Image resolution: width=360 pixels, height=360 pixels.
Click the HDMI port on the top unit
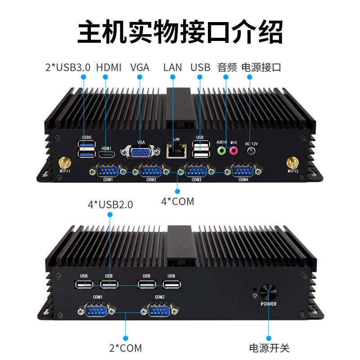(x=107, y=155)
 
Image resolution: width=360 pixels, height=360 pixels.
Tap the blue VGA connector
(x=140, y=153)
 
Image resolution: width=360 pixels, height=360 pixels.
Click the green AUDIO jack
(x=221, y=150)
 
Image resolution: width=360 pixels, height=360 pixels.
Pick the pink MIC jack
(x=234, y=150)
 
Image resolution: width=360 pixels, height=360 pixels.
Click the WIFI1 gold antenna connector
(x=64, y=162)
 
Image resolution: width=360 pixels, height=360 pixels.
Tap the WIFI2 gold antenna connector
(x=292, y=162)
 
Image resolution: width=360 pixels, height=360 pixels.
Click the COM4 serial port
(x=243, y=171)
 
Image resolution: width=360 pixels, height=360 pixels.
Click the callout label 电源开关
(x=269, y=348)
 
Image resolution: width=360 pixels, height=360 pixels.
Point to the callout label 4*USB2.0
(x=110, y=205)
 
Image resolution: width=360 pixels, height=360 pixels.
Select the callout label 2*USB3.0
(x=68, y=67)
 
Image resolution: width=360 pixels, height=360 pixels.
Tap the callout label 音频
(x=227, y=67)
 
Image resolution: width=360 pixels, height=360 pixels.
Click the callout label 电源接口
(x=261, y=67)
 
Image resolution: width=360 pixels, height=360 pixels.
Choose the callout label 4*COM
(x=177, y=201)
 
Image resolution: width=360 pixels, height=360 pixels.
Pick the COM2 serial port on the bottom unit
(x=160, y=310)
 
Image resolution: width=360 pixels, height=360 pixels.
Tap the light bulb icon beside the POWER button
(x=255, y=296)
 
